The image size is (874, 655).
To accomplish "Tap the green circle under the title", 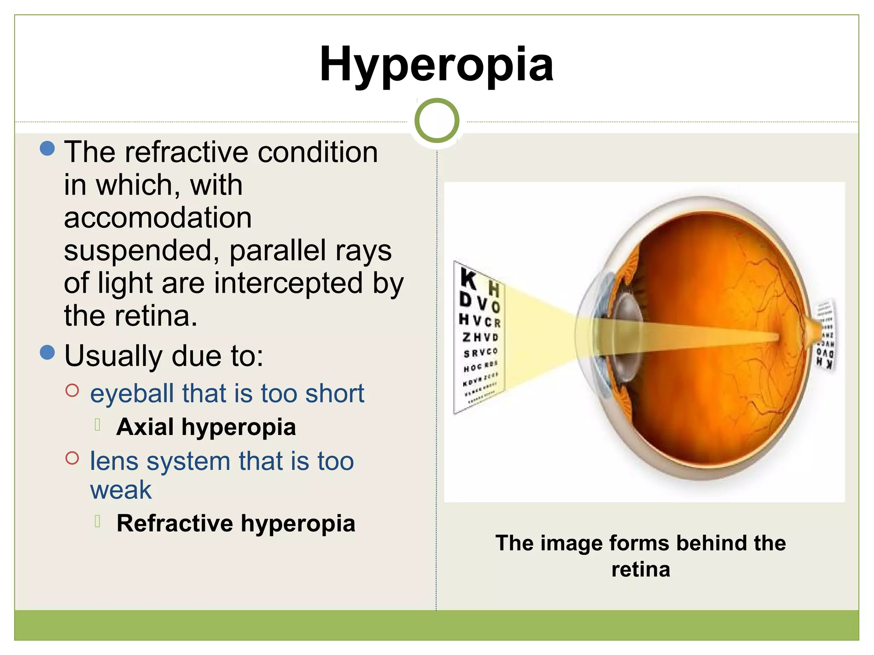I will (x=437, y=120).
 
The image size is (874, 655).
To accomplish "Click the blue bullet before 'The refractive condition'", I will (x=47, y=148).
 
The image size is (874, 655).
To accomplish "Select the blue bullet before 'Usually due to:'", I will (x=47, y=352).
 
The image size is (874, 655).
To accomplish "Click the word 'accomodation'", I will (x=158, y=218).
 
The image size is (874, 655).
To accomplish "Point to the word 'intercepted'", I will (x=288, y=283).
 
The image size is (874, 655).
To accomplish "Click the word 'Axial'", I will (x=145, y=427).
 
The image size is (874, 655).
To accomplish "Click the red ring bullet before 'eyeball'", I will (x=73, y=390).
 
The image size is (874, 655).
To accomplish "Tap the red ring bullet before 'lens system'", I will (x=73, y=458).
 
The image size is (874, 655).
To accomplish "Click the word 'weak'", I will (x=121, y=490).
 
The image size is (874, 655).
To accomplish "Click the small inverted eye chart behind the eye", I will (x=825, y=335).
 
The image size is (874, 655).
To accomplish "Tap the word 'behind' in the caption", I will (x=711, y=543).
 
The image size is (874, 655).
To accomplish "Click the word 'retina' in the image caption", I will (x=641, y=570).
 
